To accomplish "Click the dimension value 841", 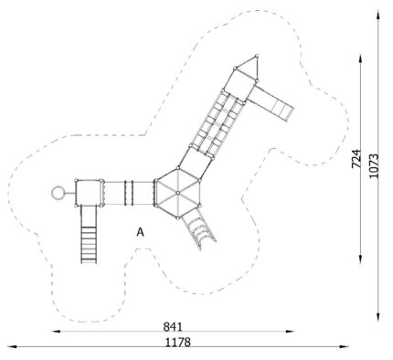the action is [x=173, y=326].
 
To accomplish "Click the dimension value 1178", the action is [x=178, y=343].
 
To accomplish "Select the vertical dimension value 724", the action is [x=356, y=159].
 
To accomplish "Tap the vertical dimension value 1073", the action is [x=374, y=165].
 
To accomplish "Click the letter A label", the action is [x=140, y=232].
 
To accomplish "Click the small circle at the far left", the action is [x=58, y=193].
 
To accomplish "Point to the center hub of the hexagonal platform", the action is [x=177, y=193].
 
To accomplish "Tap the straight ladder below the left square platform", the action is [x=89, y=235].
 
